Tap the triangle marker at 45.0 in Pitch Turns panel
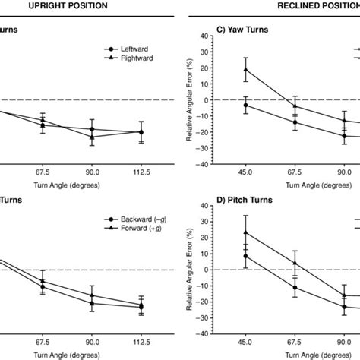pos(245,232)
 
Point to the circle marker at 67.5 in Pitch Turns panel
pos(295,287)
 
